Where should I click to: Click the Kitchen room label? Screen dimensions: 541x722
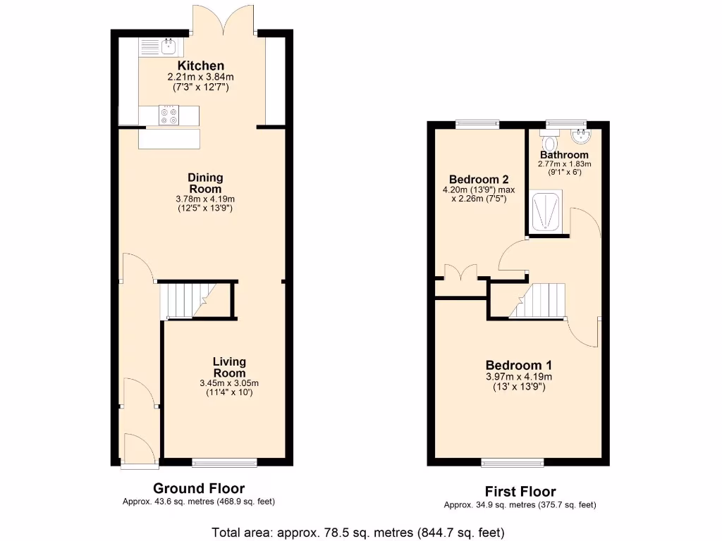[200, 66]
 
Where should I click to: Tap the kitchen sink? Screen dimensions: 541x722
[169, 47]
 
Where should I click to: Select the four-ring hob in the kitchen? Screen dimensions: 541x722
[169, 116]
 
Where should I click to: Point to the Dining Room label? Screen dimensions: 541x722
[205, 183]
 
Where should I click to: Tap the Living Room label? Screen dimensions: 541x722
[229, 367]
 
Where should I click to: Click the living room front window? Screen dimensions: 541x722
[224, 463]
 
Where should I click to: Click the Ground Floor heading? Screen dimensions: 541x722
[199, 488]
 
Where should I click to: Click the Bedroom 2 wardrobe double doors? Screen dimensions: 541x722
[461, 273]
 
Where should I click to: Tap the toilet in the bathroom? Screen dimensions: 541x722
[550, 142]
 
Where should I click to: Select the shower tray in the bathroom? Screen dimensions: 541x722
[546, 211]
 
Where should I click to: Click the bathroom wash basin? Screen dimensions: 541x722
[581, 135]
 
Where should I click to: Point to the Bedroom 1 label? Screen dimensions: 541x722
[518, 365]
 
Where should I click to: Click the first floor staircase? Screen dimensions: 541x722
[539, 301]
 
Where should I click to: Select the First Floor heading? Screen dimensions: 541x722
[520, 492]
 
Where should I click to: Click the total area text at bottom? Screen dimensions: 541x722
[358, 532]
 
